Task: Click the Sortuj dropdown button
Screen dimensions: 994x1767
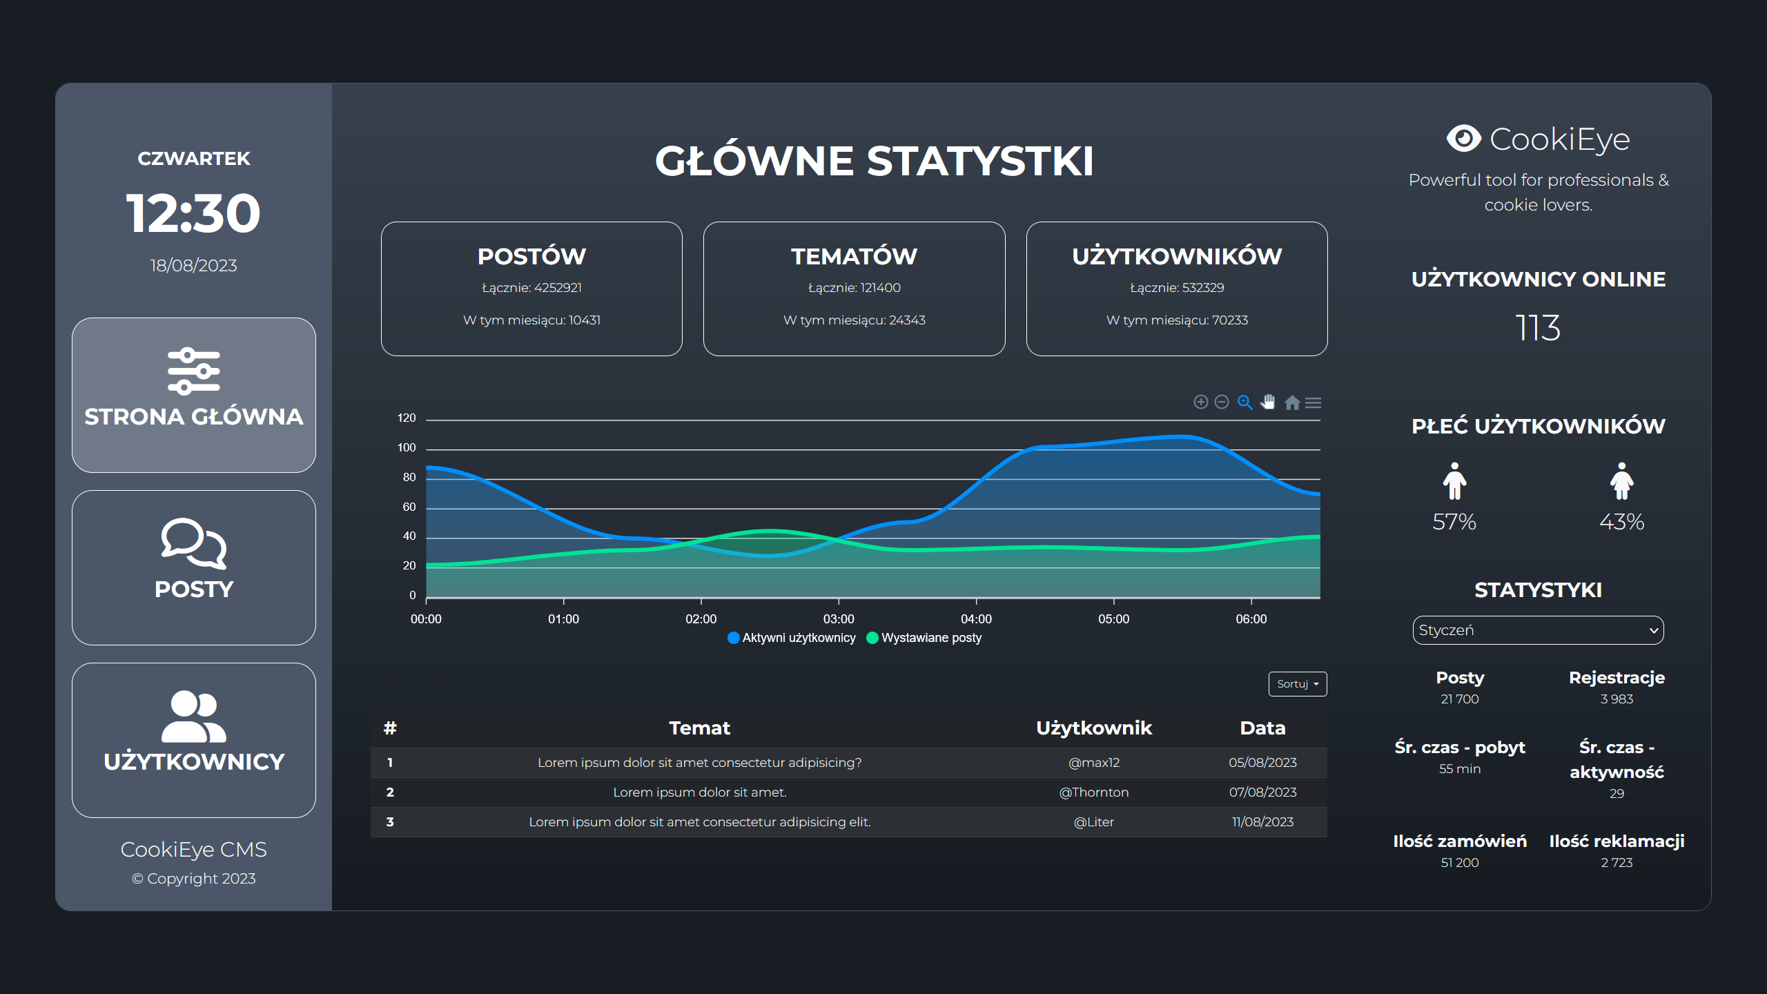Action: coord(1297,684)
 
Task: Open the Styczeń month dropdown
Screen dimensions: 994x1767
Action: coord(1538,630)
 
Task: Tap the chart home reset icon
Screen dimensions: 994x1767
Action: coord(1292,402)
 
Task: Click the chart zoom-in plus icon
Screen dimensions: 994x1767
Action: coord(1201,402)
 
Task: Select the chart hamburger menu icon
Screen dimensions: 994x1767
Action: coord(1314,402)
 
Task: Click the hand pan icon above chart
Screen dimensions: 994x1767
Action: coord(1268,402)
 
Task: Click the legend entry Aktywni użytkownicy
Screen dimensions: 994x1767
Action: coord(792,638)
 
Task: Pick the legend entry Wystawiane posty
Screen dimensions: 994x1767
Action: coord(924,638)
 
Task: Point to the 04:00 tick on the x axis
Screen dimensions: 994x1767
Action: coord(976,618)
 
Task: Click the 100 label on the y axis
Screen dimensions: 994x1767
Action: coord(407,448)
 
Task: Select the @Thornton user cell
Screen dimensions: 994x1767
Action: coord(1094,792)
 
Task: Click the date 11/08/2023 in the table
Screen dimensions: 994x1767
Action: coord(1262,822)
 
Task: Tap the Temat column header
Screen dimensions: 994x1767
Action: coord(699,728)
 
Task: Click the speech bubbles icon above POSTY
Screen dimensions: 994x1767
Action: coord(193,543)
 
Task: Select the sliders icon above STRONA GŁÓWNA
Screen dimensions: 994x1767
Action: coord(193,371)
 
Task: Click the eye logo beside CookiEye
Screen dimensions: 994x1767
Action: coord(1463,139)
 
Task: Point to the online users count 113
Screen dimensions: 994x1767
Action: coord(1538,328)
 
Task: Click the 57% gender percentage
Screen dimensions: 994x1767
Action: coord(1454,522)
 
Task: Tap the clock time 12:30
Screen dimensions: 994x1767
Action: coord(193,213)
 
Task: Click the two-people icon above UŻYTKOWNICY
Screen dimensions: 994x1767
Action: coord(193,716)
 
